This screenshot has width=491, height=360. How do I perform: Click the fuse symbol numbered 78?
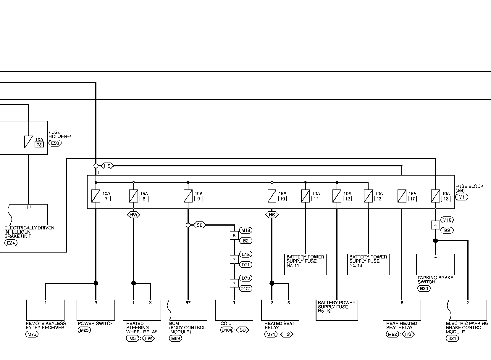pos(29,142)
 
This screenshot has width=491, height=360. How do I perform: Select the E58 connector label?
pos(55,143)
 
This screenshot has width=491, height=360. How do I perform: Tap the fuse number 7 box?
pos(106,199)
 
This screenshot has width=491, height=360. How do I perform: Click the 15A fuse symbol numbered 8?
pos(134,196)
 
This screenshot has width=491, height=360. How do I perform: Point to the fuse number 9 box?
pos(198,199)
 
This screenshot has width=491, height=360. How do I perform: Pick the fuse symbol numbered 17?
pos(402,196)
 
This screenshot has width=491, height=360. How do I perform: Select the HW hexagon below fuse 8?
pos(133,215)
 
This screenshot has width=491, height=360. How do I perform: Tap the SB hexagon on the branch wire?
pos(200,225)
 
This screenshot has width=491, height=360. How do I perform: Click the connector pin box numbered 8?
pos(234,236)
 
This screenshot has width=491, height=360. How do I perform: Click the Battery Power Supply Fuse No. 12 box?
pos(337,310)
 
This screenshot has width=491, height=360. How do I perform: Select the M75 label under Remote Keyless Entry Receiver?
pos(32,334)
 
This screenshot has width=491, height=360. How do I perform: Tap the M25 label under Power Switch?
pos(84,330)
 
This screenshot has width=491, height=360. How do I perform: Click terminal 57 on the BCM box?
pos(188,303)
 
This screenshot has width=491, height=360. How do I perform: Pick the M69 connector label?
pos(175,338)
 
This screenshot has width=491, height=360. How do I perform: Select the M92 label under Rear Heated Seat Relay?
pos(393,334)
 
